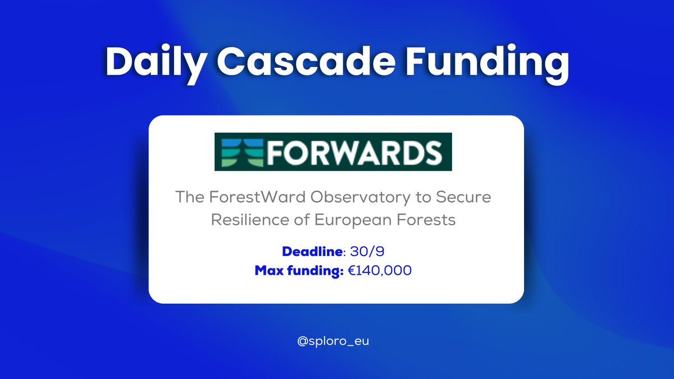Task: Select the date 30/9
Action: [x=366, y=251]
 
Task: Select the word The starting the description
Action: [x=189, y=198]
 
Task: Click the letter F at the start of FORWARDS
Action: [x=266, y=152]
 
